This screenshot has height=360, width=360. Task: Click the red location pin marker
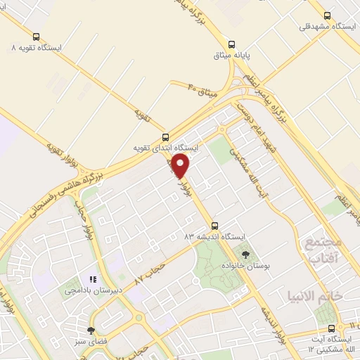[x=181, y=166]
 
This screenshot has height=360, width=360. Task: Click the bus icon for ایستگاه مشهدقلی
[x=327, y=15]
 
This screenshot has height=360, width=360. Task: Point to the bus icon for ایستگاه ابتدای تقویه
[x=166, y=138]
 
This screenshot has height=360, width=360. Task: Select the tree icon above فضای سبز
[x=91, y=330]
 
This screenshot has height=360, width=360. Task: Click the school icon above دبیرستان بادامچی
[x=94, y=279]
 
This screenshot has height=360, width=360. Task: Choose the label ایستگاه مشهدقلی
[x=326, y=26]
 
